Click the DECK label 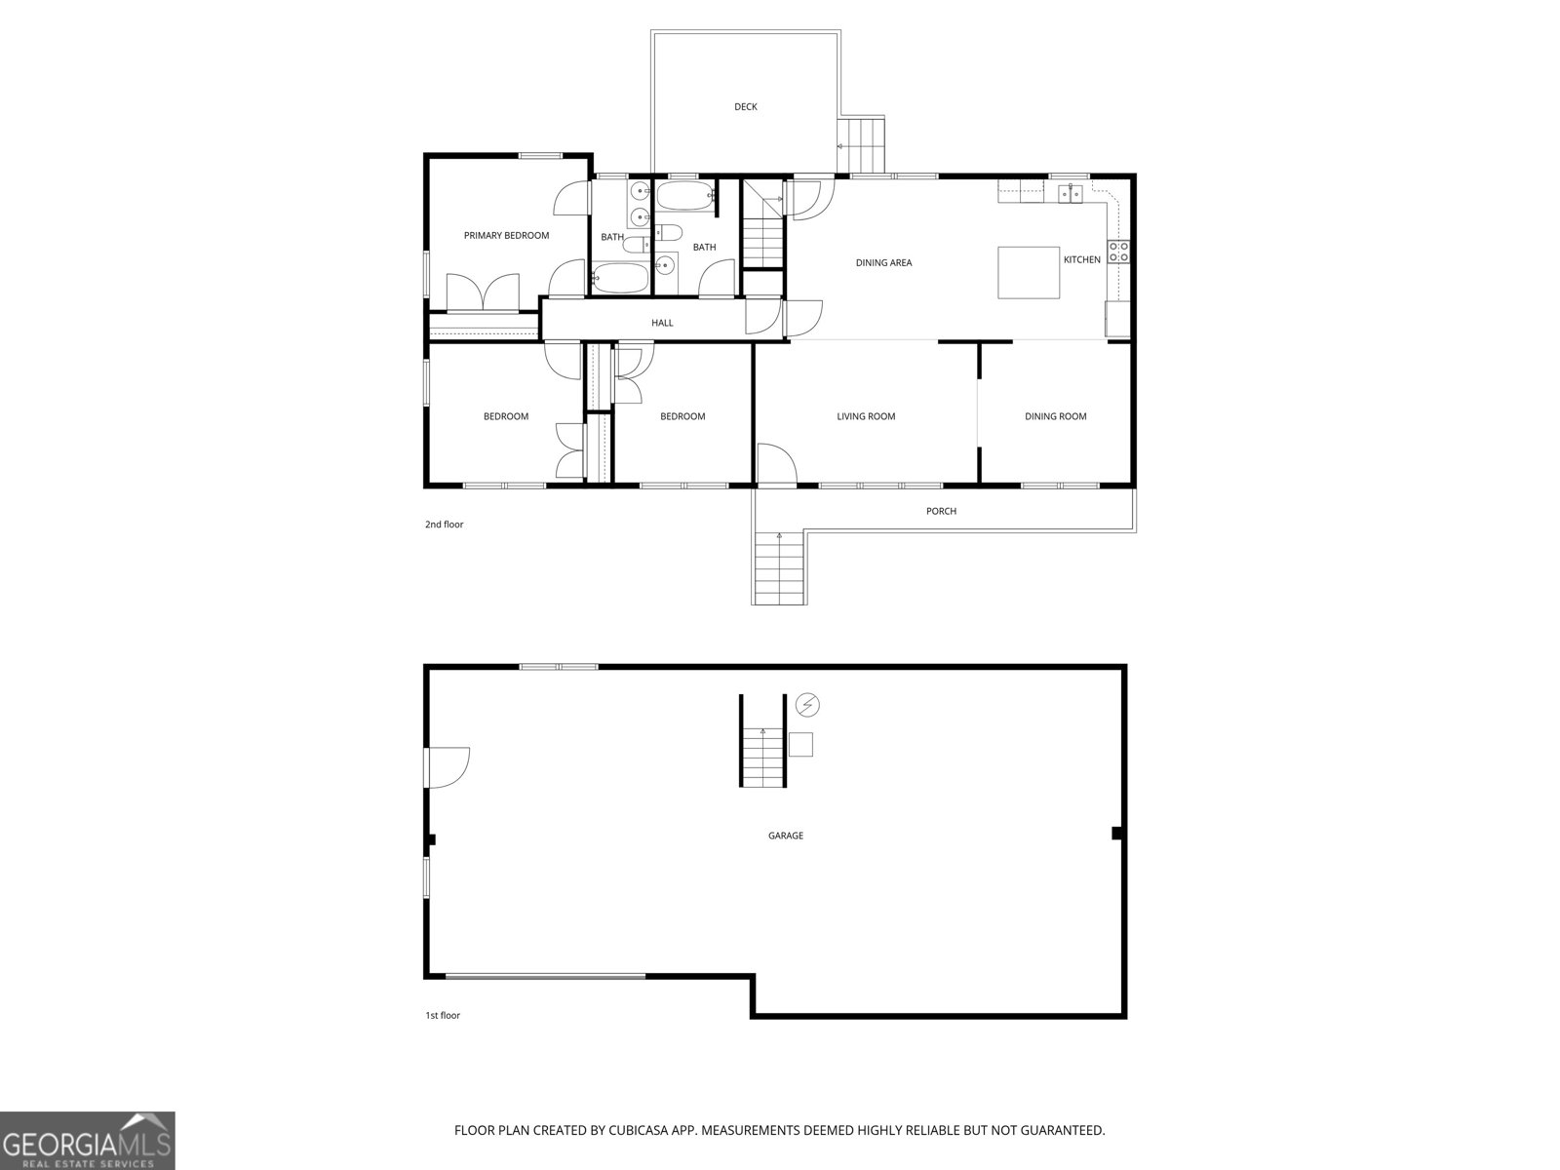(745, 107)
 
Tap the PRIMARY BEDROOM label (506, 235)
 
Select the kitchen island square (1029, 273)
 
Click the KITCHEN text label (1081, 259)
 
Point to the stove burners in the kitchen (1118, 251)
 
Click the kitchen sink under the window (1071, 193)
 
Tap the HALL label (662, 323)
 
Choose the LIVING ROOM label (866, 416)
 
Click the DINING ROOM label (1055, 416)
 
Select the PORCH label (941, 511)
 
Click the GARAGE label (785, 836)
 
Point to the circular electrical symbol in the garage (807, 704)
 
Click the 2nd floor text (444, 525)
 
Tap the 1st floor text (442, 1015)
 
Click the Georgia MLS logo (88, 1141)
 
